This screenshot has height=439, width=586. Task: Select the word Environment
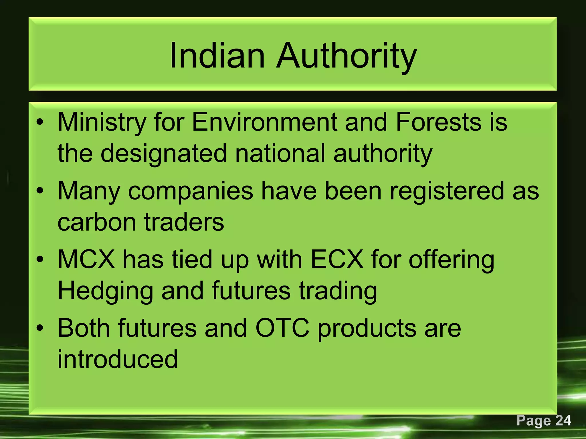[x=265, y=122]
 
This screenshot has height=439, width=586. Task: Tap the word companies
[x=191, y=191]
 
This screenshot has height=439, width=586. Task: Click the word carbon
[x=97, y=222]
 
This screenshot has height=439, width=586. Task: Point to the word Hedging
[x=106, y=292]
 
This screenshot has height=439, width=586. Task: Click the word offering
[x=451, y=260]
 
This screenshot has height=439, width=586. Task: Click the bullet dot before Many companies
[x=40, y=191]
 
